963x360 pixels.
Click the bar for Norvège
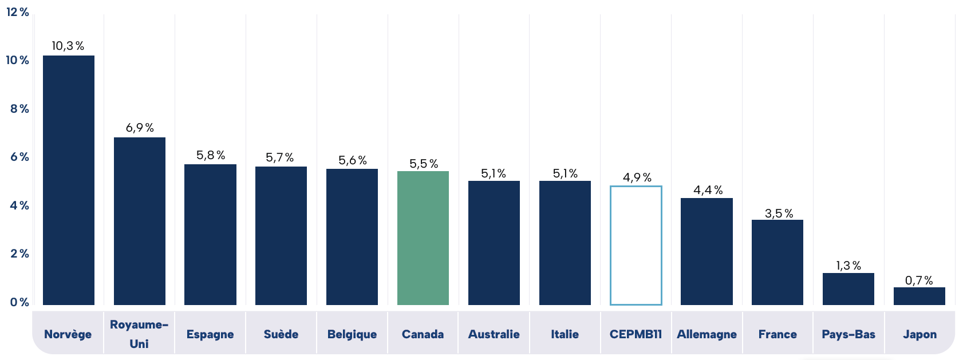click(69, 180)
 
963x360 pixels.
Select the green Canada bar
click(423, 238)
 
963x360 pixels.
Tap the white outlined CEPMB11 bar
click(636, 246)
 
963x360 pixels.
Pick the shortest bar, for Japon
click(919, 296)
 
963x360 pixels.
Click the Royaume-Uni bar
click(140, 221)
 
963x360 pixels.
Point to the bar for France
click(777, 262)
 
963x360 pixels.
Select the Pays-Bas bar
click(848, 289)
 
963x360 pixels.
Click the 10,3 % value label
click(68, 46)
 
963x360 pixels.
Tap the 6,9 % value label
click(140, 128)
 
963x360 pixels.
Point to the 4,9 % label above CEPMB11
click(637, 177)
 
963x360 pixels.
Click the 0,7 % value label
click(919, 280)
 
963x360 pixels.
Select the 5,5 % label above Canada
click(424, 164)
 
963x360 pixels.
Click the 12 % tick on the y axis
click(18, 12)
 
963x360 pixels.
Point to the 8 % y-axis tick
click(19, 109)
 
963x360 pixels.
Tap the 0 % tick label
click(19, 302)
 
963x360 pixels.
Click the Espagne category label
click(210, 334)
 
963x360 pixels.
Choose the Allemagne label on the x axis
click(707, 334)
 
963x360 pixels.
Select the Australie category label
click(494, 334)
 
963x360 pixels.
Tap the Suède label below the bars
click(281, 334)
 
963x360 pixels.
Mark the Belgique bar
click(352, 237)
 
